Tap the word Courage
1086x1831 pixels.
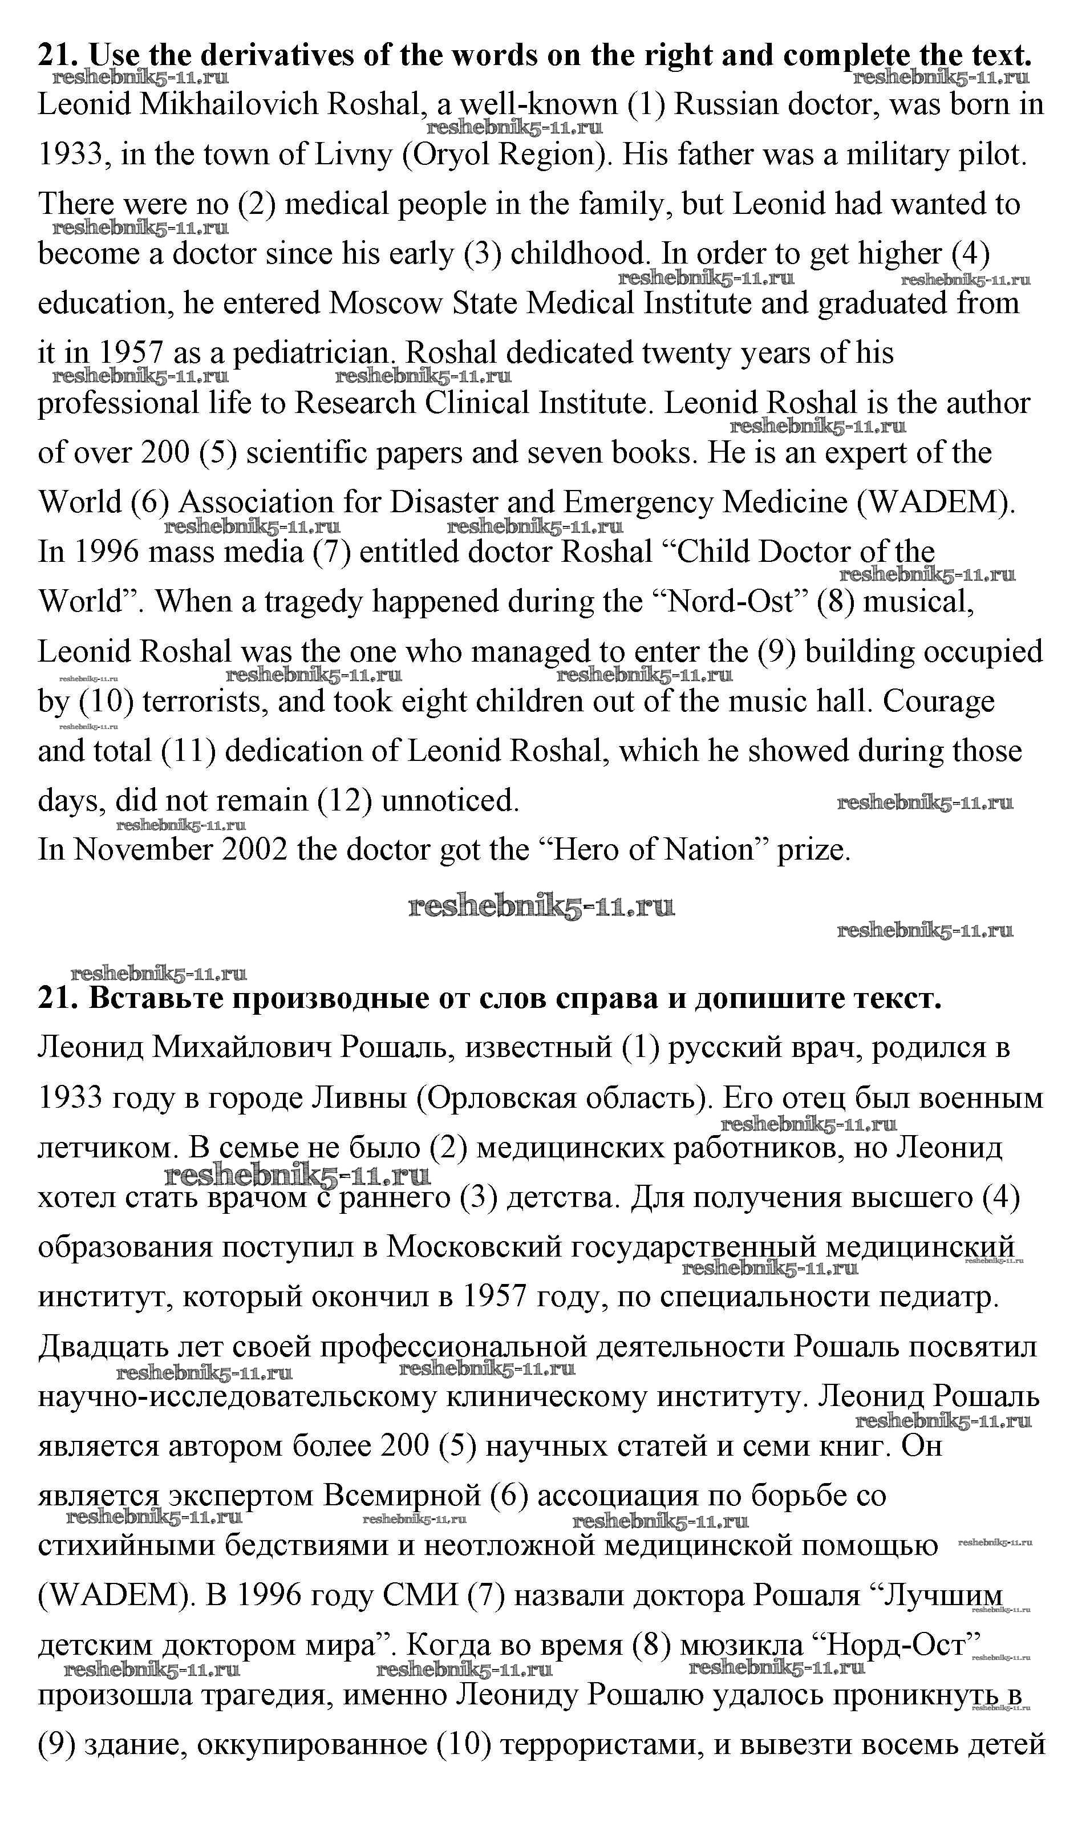click(x=939, y=701)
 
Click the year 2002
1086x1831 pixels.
click(x=256, y=850)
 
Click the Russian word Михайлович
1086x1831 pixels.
click(x=241, y=1048)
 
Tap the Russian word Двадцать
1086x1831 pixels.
click(x=103, y=1347)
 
